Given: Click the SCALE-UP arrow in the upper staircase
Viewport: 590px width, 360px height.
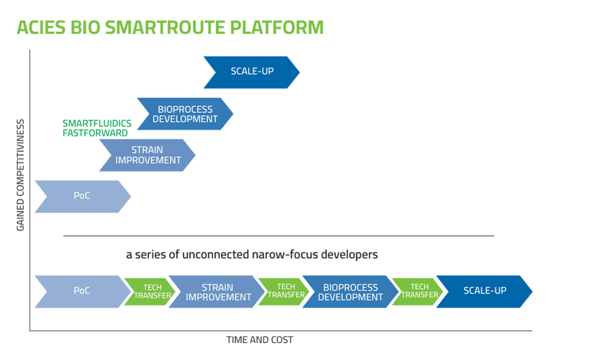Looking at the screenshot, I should (251, 72).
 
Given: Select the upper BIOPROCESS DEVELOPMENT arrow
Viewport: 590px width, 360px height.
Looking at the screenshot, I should (184, 114).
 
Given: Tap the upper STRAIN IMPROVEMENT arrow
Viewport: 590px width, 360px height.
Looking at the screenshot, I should (147, 155).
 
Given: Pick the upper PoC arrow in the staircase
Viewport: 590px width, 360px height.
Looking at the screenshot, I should (81, 196).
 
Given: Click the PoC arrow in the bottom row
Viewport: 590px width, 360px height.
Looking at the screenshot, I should (81, 291).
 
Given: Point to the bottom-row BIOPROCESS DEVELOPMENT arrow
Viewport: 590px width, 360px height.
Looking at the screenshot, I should (350, 291).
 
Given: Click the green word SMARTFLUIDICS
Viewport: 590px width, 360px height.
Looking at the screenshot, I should (95, 123).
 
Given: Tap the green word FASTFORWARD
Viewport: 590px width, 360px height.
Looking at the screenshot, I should (95, 133).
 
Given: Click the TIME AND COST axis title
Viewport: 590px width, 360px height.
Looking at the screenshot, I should (260, 340).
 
